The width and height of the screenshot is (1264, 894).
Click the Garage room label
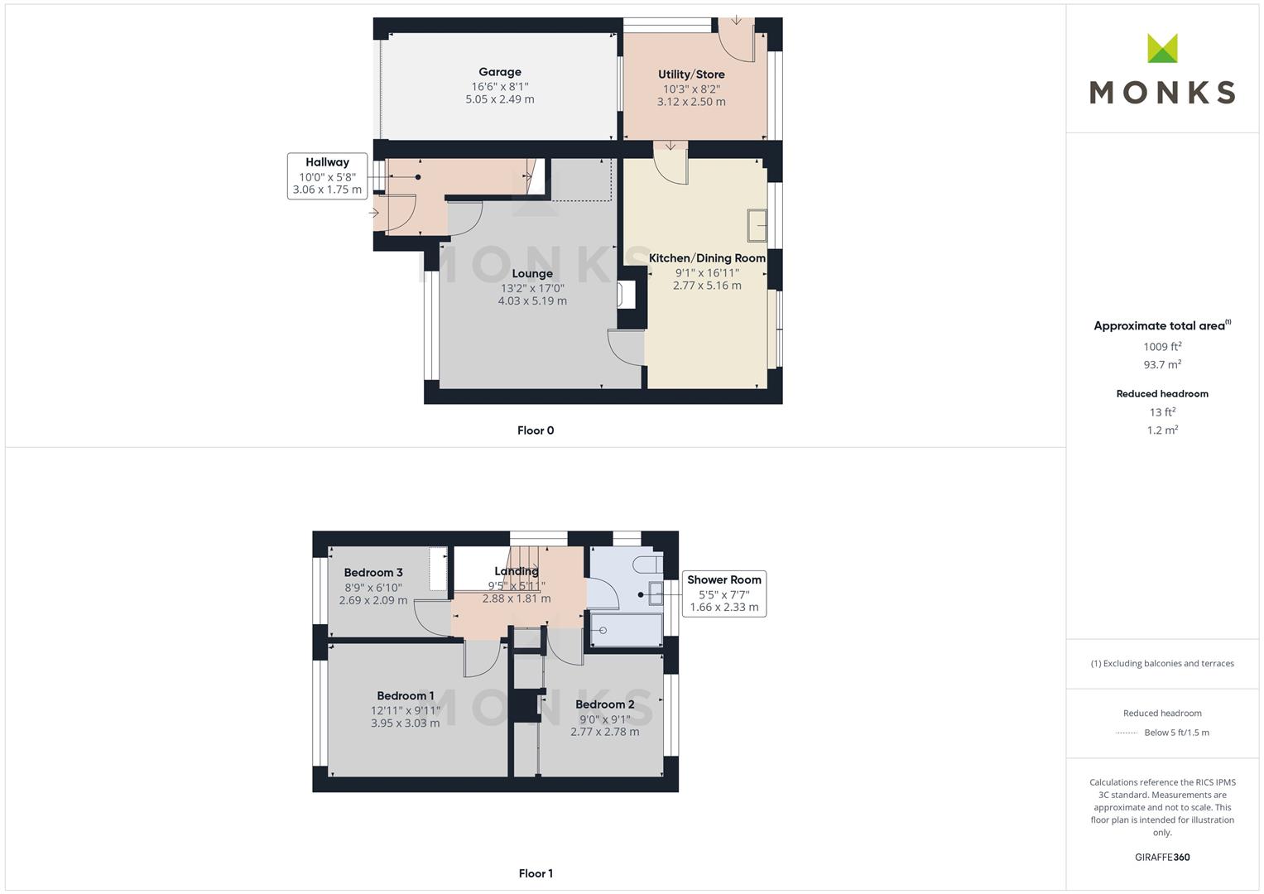coord(499,72)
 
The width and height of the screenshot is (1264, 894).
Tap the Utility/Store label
coord(691,74)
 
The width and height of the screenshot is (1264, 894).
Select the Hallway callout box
coord(327,175)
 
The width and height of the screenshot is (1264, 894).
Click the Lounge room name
coord(532,274)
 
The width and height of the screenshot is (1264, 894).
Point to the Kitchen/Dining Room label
coord(707,258)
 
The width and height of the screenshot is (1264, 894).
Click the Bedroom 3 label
coord(373,572)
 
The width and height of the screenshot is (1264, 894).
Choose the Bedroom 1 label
coord(405,695)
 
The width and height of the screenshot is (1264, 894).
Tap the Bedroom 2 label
coord(604,704)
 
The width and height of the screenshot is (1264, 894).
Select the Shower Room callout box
coord(724,594)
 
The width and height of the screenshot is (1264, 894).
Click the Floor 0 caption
coord(536,430)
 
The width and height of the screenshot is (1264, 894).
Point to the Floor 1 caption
coord(536,873)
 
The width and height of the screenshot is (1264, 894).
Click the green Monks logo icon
coord(1162,48)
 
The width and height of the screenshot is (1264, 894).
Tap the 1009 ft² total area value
coord(1162,346)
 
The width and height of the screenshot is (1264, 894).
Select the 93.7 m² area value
coord(1162,364)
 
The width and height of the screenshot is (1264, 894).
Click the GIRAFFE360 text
coord(1162,857)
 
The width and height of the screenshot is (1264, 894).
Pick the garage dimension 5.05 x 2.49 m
coord(499,99)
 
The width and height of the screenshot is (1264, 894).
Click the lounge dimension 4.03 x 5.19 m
coord(532,300)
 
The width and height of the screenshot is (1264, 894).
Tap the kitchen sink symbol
coord(757,225)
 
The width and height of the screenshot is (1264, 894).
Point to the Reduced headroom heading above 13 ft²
coord(1162,393)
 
